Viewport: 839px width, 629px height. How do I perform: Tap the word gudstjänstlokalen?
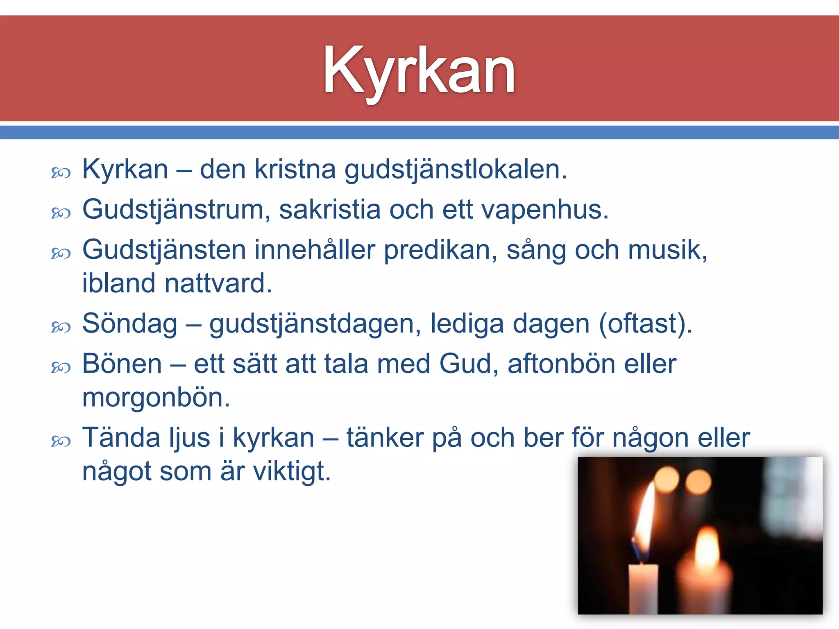(x=456, y=170)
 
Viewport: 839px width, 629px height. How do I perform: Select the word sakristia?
(x=330, y=210)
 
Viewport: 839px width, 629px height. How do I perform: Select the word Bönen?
(x=122, y=364)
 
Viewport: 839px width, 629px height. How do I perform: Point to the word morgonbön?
(x=156, y=398)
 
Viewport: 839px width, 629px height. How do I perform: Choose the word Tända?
(x=122, y=438)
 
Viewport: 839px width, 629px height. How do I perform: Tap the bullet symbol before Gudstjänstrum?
(x=61, y=213)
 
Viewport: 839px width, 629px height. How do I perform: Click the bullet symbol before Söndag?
(x=61, y=327)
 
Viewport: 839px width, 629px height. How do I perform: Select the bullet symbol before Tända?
(x=61, y=441)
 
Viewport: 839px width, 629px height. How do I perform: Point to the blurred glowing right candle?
(x=704, y=573)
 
